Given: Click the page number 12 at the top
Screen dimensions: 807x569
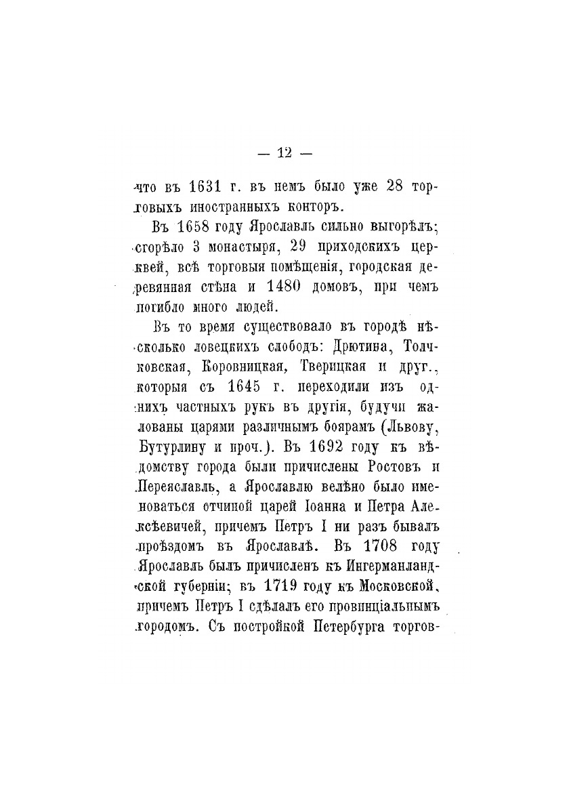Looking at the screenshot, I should pyautogui.click(x=284, y=153).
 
